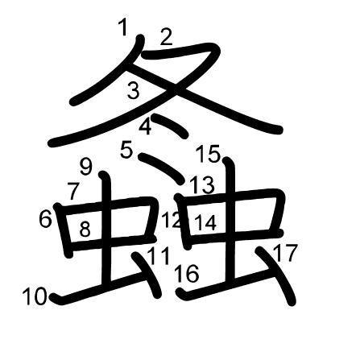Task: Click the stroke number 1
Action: (x=122, y=28)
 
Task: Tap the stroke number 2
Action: (x=166, y=37)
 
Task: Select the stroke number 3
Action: (x=134, y=90)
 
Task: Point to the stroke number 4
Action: (x=145, y=127)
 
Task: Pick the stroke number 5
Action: (x=126, y=150)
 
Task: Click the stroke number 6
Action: (x=45, y=219)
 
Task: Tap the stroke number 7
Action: (x=73, y=191)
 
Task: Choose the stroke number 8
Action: (x=85, y=230)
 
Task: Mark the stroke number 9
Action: (x=86, y=167)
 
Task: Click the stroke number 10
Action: (x=35, y=296)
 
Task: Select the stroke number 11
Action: (x=159, y=256)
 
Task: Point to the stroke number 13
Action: (x=202, y=185)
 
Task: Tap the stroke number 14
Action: (x=205, y=223)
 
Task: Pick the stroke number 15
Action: (x=208, y=154)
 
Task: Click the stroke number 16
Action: (x=187, y=273)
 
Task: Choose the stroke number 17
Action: (x=285, y=253)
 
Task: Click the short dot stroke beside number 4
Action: (x=171, y=126)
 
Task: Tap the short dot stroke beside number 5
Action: (x=162, y=168)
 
